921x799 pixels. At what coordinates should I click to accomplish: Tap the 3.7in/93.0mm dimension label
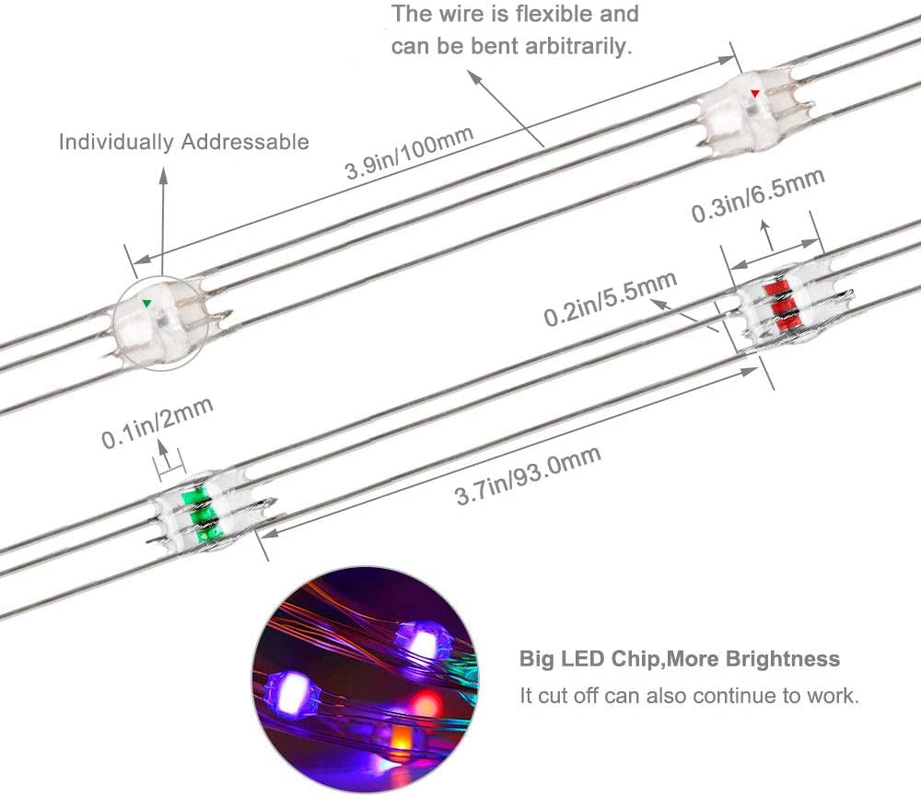point(527,476)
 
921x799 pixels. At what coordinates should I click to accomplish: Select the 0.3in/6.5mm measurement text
point(757,195)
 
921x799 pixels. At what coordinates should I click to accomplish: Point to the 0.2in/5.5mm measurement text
point(611,297)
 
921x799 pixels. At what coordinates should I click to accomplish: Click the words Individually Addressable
point(184,142)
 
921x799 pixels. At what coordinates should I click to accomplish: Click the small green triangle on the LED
point(146,302)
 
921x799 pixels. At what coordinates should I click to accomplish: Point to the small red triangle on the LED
point(755,93)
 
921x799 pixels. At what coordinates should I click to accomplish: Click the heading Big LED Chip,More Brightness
point(680,658)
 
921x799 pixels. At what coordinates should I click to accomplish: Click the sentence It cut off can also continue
point(689,695)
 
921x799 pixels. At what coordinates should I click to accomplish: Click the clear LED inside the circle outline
point(153,322)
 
